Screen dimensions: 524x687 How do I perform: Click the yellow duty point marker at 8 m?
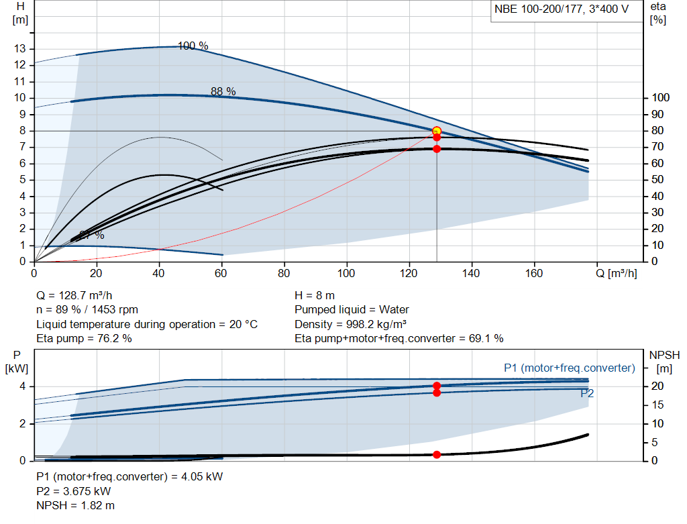[x=437, y=131]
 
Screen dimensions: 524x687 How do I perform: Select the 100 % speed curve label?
[x=193, y=46]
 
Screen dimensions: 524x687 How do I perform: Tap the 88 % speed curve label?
[x=223, y=92]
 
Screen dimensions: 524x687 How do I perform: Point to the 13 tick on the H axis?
[x=19, y=49]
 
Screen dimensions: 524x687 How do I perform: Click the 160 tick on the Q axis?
[x=534, y=273]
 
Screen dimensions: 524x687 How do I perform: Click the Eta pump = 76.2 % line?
[x=84, y=339]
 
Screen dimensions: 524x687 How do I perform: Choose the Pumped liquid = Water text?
[x=352, y=310]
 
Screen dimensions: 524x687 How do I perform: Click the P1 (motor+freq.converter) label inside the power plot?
[x=569, y=368]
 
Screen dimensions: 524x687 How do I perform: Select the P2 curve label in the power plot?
[x=587, y=394]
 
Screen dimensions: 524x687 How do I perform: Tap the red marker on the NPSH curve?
[x=437, y=454]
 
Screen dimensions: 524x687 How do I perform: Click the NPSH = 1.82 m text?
[x=75, y=505]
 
